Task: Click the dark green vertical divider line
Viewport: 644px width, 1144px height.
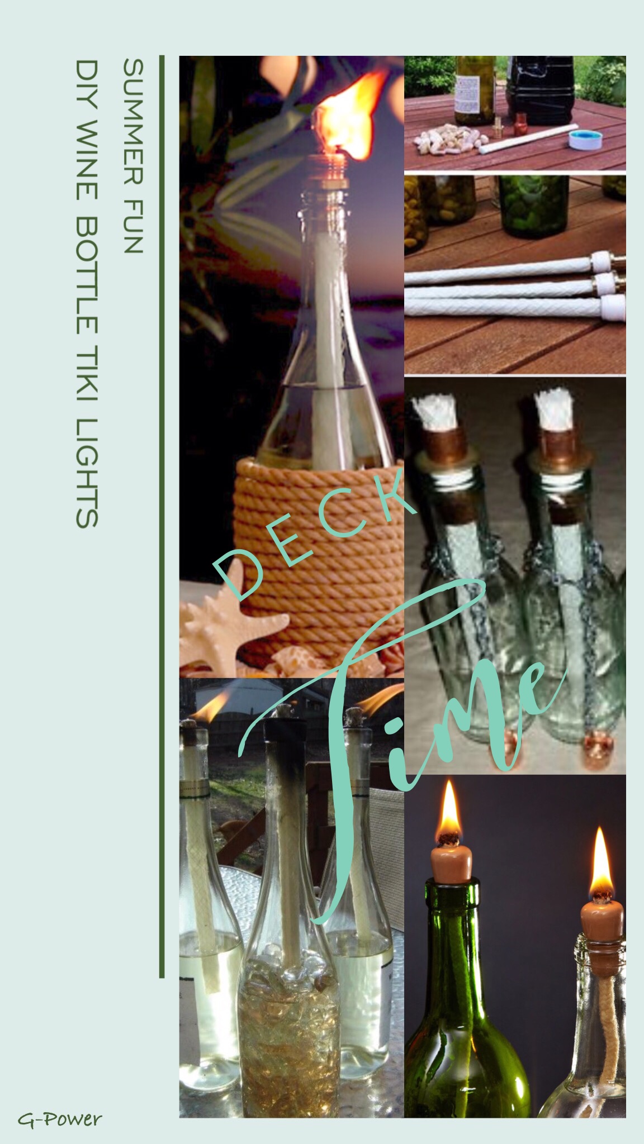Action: click(162, 517)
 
